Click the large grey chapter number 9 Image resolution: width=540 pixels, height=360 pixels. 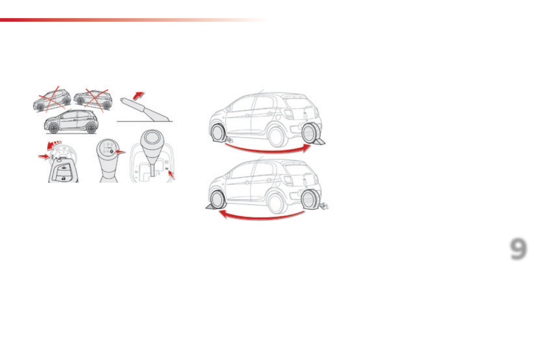point(518,249)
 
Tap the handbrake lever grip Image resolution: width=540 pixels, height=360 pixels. point(131,103)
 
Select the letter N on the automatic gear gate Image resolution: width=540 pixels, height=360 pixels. point(167,169)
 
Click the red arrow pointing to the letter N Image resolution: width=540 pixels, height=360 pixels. point(171,174)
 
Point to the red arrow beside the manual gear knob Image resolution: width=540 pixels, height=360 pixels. point(120,152)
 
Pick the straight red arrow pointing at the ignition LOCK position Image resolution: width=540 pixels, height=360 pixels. point(44,156)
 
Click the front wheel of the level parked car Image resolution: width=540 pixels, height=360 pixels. point(54,129)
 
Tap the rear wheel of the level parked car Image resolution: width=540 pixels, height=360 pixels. point(92,128)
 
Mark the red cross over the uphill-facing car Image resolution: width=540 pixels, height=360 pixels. point(51,98)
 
